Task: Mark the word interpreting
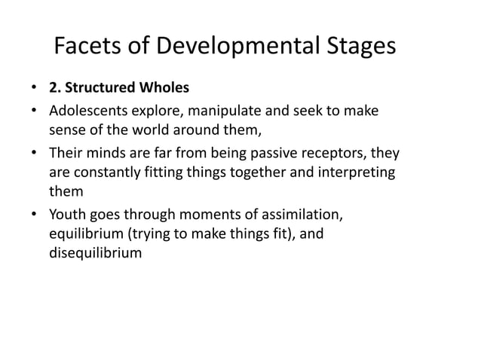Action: click(x=361, y=173)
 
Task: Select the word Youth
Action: click(x=67, y=215)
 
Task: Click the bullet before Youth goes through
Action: click(x=35, y=216)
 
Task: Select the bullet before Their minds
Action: click(x=35, y=154)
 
